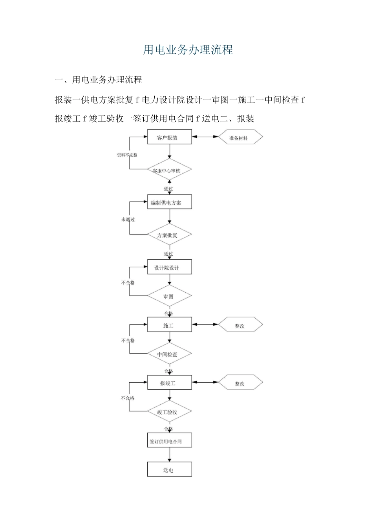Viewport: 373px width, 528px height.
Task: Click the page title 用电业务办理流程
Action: click(x=188, y=50)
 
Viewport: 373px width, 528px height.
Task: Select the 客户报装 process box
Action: click(x=169, y=137)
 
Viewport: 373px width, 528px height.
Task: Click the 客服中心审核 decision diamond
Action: click(x=169, y=170)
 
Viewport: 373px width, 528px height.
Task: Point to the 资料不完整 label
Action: click(x=127, y=155)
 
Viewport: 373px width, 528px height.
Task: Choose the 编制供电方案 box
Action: click(x=169, y=202)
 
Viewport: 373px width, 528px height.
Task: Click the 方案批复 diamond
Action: click(x=169, y=235)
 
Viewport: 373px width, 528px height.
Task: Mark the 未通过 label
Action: click(x=128, y=220)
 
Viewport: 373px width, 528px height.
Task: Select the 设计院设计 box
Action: click(x=169, y=267)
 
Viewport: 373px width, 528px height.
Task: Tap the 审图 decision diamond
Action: click(x=169, y=296)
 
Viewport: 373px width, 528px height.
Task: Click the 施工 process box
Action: click(x=169, y=325)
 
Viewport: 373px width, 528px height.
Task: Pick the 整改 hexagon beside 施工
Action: click(x=240, y=325)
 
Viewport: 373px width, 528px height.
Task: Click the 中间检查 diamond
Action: click(x=169, y=354)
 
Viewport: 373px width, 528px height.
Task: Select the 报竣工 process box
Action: click(x=169, y=383)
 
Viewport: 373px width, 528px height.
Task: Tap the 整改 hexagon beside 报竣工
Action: click(x=240, y=383)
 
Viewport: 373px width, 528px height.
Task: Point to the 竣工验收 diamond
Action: click(x=169, y=412)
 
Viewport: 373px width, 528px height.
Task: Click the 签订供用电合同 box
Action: click(x=169, y=441)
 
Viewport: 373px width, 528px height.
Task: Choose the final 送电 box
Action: click(x=169, y=469)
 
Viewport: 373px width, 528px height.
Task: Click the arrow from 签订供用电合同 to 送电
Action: click(x=170, y=455)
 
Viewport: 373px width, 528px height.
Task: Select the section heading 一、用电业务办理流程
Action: click(x=99, y=80)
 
